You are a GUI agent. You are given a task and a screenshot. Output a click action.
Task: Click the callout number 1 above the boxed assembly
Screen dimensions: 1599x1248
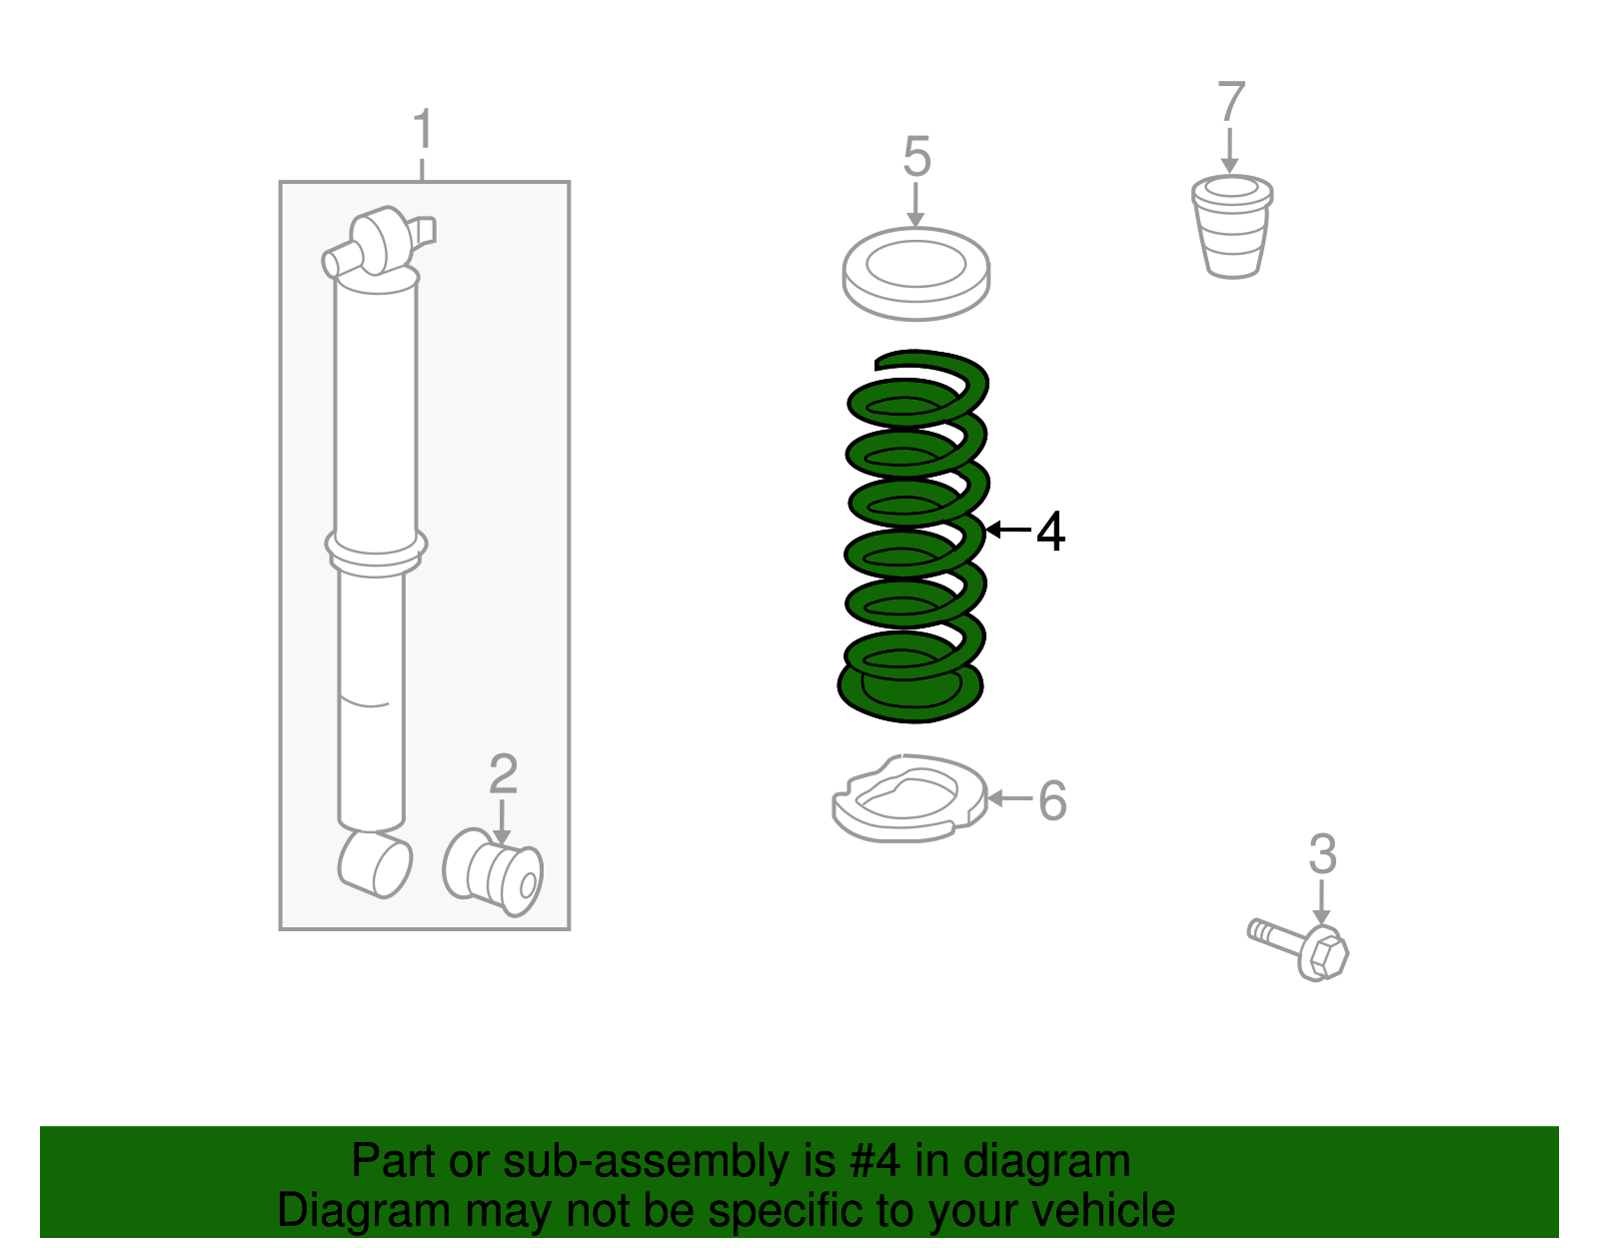point(423,129)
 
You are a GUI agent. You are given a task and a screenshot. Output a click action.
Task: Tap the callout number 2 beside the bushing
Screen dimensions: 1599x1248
point(504,773)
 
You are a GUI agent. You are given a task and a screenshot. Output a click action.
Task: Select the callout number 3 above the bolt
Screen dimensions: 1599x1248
point(1321,854)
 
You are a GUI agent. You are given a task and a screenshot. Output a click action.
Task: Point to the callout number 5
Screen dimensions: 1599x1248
point(916,156)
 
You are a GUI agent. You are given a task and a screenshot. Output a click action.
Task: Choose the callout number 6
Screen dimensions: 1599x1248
point(1052,800)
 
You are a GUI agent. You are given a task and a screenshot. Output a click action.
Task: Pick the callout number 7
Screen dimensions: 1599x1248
point(1231,102)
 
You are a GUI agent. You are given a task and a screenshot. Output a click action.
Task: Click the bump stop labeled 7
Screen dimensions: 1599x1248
point(1232,227)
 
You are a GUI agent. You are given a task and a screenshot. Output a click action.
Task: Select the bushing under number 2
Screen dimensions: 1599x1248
point(493,873)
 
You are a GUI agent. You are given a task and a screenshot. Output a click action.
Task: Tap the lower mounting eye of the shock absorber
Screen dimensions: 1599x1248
point(375,865)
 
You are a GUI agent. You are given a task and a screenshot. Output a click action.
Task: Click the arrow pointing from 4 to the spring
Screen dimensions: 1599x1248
point(1008,530)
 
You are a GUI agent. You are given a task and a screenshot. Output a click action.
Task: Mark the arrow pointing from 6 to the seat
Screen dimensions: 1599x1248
point(1010,798)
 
